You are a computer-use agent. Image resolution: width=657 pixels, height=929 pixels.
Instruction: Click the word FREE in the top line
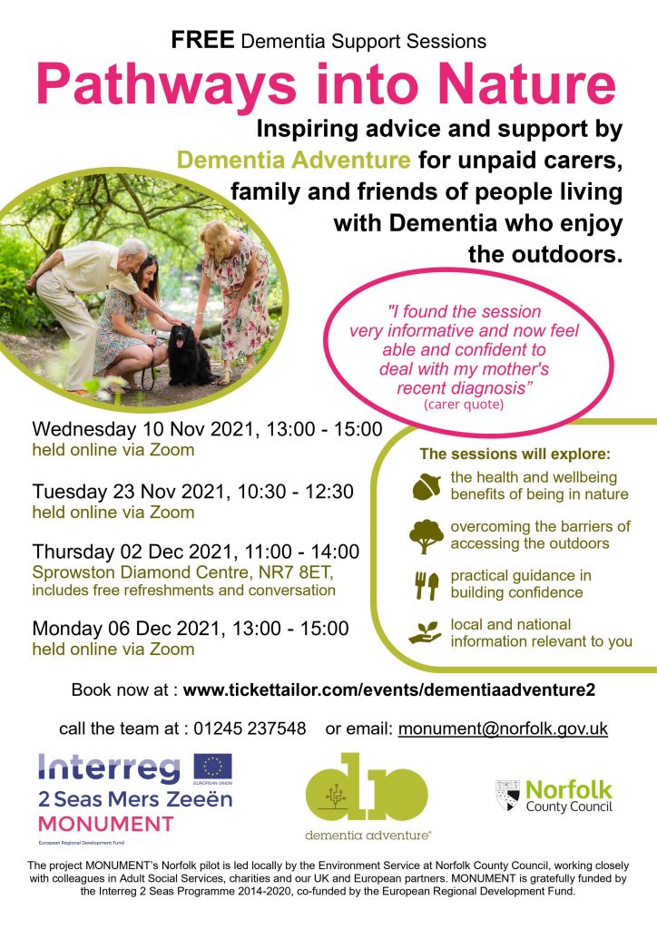coord(202,40)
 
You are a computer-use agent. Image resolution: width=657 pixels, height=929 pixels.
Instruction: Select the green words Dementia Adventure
coord(294,160)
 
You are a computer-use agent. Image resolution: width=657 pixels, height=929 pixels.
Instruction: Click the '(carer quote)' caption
coord(464,405)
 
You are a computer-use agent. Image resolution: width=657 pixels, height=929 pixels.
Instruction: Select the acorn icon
coord(427,486)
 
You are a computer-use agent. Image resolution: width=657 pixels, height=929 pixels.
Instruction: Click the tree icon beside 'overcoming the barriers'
coord(426,536)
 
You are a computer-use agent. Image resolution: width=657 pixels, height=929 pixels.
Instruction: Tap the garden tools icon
coord(427,585)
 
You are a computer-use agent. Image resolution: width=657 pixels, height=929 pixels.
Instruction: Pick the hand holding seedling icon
coord(426,632)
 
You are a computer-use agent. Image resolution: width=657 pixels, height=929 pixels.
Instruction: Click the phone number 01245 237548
coord(250,729)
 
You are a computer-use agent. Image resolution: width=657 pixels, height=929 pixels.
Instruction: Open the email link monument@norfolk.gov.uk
coord(503,729)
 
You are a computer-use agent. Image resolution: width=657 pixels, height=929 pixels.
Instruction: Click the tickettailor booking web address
coord(389,689)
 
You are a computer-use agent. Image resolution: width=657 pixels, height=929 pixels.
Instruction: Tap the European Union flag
coord(213,767)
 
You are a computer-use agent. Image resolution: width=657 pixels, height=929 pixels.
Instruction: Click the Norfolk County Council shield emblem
coord(507,795)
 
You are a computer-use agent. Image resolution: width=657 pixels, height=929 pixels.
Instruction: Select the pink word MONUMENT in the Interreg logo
coord(105,824)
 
